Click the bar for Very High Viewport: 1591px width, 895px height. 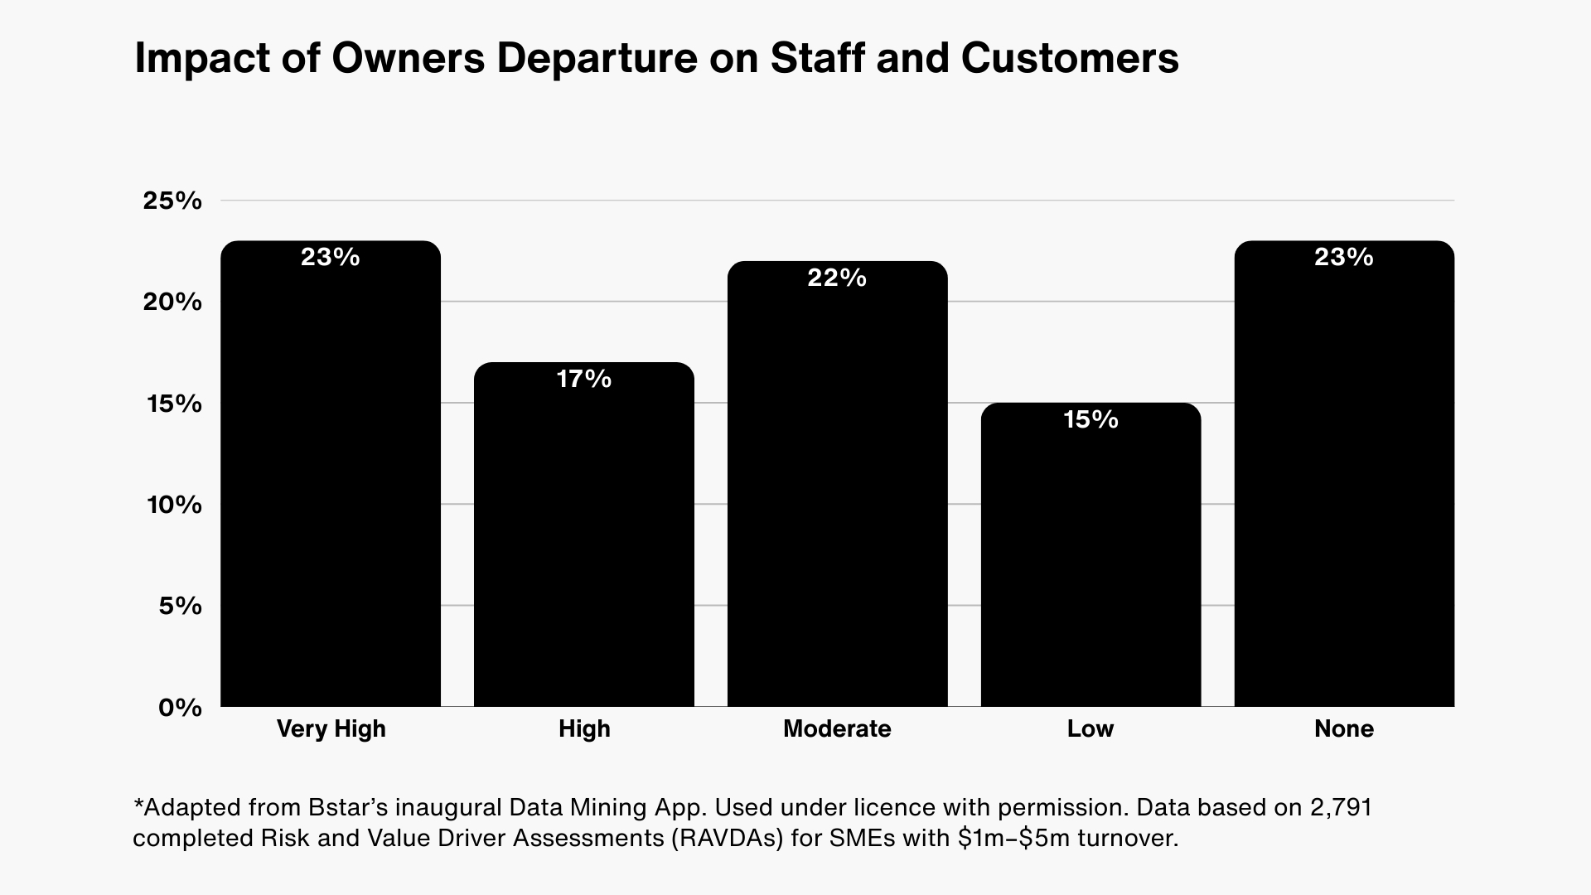331,481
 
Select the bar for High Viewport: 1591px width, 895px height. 584,539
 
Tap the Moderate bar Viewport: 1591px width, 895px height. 837,489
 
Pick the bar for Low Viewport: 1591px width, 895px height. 1090,559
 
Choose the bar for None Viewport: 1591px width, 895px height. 1344,481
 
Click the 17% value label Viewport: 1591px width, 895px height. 584,379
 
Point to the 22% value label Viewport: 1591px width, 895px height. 837,278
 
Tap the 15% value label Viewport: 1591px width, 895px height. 1090,419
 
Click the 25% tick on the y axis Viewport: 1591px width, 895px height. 172,201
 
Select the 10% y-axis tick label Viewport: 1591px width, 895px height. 174,505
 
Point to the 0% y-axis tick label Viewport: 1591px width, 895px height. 180,708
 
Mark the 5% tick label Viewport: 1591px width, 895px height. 179,606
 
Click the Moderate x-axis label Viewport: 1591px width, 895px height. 837,728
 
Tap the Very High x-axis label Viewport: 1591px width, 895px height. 331,728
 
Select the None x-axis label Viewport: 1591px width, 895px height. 1344,728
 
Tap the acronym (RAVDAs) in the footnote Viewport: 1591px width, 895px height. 726,838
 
